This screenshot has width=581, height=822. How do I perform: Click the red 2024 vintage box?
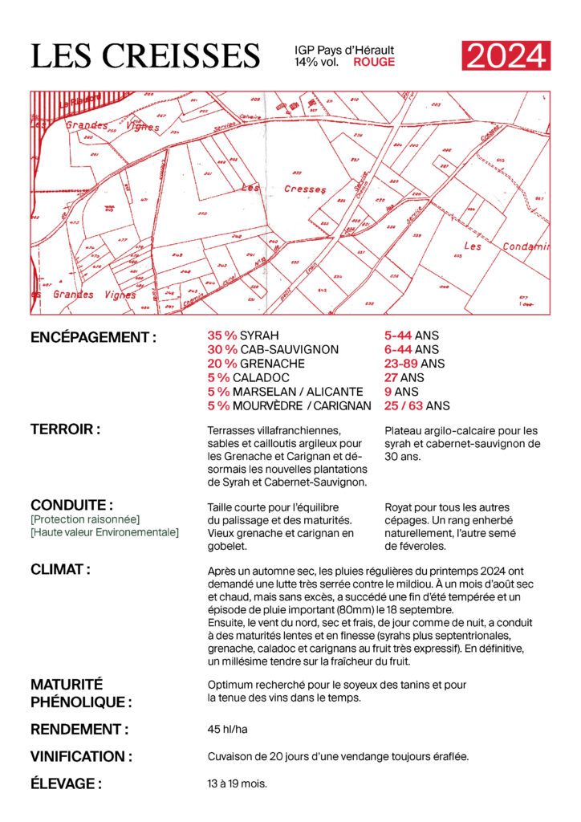point(506,55)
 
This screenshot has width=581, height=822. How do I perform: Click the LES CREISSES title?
point(145,56)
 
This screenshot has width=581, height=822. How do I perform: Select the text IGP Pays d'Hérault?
point(344,50)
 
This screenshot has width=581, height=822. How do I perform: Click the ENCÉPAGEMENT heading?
point(93,337)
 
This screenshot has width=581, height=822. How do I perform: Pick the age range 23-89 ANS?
point(414,363)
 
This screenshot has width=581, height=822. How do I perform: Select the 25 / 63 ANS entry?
point(417,405)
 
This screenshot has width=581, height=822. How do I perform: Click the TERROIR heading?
point(65,429)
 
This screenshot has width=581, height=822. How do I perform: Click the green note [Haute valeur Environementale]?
point(104,532)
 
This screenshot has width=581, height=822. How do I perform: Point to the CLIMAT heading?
point(60,570)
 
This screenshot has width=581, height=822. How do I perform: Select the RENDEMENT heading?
point(79,730)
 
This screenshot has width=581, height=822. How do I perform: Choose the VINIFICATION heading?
point(81,756)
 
